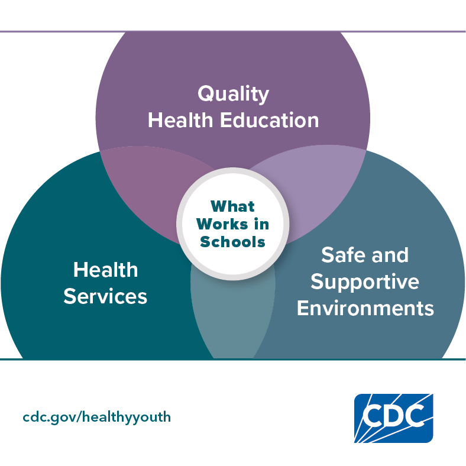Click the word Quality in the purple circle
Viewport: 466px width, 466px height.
tap(234, 94)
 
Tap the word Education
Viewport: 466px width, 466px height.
tap(269, 121)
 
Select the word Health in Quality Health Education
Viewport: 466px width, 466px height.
tap(180, 121)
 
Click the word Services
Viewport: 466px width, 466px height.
tap(105, 296)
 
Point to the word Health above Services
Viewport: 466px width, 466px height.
tap(105, 270)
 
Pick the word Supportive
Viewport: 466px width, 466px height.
tap(365, 282)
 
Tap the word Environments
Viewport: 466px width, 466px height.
tap(365, 308)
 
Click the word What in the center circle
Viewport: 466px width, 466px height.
tap(232, 206)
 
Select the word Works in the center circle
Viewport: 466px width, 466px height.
tap(222, 224)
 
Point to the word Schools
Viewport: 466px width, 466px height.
tap(232, 242)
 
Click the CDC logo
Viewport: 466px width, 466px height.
tap(393, 418)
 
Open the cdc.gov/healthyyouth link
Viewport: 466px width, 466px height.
tap(97, 417)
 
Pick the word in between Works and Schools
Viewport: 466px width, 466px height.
tap(261, 224)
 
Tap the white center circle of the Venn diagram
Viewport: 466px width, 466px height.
tap(232, 224)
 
